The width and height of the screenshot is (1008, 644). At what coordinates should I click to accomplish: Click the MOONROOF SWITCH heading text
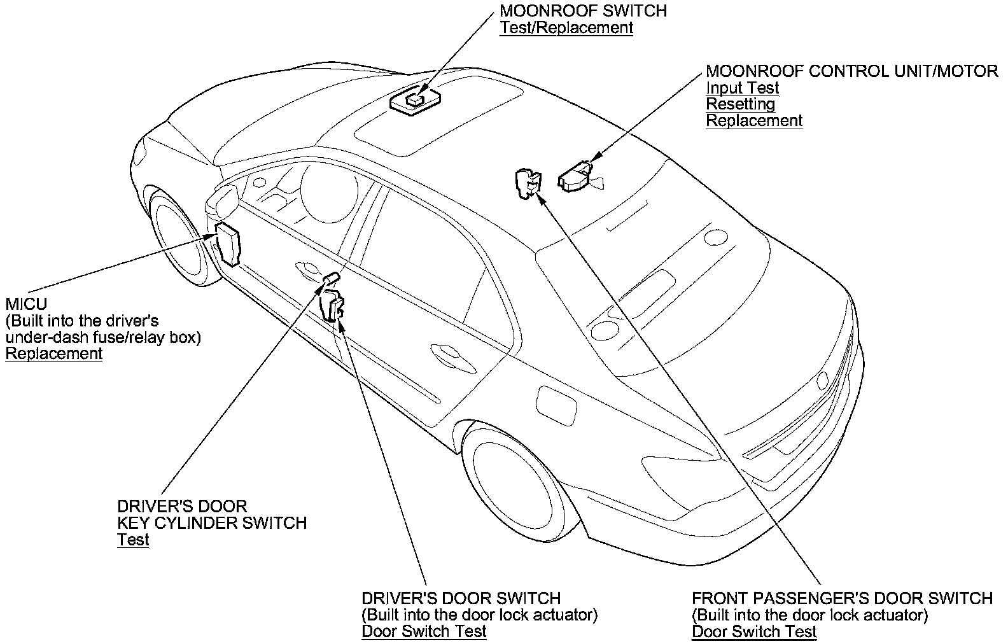point(583,11)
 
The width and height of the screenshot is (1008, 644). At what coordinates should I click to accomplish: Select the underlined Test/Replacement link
point(566,28)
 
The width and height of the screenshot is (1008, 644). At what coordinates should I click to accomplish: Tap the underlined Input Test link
point(742,88)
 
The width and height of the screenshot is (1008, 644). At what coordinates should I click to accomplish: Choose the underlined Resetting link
point(740,104)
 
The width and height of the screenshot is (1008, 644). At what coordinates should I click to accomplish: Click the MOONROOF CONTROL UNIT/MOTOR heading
point(852,71)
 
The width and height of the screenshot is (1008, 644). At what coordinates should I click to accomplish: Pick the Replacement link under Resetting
point(754,121)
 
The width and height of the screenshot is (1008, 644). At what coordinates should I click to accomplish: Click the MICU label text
point(26,304)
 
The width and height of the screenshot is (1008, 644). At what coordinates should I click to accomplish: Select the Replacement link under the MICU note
point(54,354)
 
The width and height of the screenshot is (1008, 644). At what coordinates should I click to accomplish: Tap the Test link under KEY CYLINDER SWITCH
point(133,540)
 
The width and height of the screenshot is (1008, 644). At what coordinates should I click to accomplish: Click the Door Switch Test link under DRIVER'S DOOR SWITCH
point(424,631)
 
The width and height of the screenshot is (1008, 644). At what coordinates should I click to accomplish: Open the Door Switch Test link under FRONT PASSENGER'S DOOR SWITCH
point(754,632)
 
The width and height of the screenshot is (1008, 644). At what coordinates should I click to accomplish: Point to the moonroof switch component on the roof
point(416,101)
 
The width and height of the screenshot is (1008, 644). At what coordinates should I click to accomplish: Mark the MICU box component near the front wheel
point(228,244)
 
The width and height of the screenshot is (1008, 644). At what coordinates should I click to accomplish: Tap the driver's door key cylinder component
point(331,278)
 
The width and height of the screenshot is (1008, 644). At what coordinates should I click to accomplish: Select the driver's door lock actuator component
point(332,306)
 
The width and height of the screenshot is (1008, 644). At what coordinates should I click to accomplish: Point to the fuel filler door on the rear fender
point(556,405)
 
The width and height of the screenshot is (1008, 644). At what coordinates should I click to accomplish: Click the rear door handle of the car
point(453,358)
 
